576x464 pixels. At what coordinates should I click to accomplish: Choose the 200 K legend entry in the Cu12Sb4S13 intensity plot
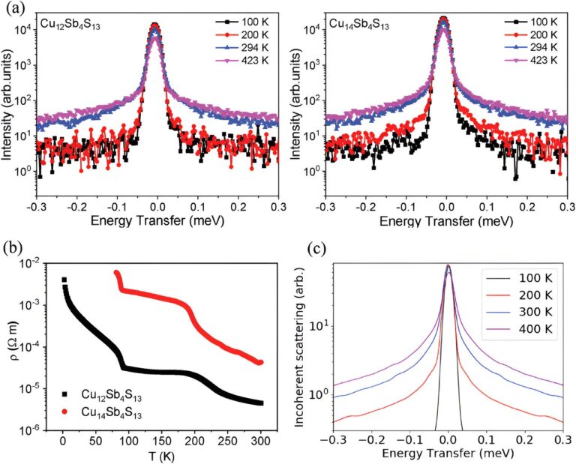(225, 32)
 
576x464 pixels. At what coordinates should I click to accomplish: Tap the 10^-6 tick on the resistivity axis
(38, 429)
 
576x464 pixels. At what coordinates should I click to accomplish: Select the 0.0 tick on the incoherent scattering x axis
(448, 441)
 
